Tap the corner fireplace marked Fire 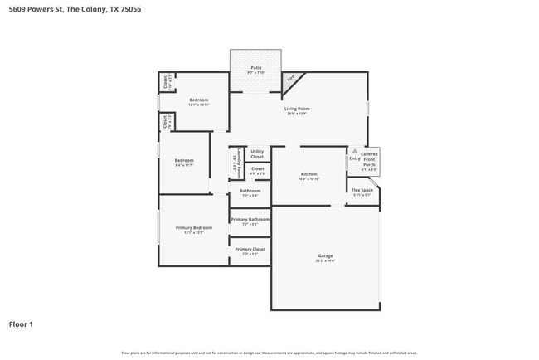291,80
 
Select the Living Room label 297,109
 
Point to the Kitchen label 308,174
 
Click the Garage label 325,255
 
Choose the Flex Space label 362,190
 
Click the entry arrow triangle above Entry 354,151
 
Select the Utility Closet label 257,153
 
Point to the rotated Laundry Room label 238,163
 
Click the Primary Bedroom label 193,227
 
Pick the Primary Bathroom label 250,219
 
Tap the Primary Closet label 250,249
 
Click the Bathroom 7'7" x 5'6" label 250,191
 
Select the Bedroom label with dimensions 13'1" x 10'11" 198,100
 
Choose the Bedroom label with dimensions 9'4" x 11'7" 183,160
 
